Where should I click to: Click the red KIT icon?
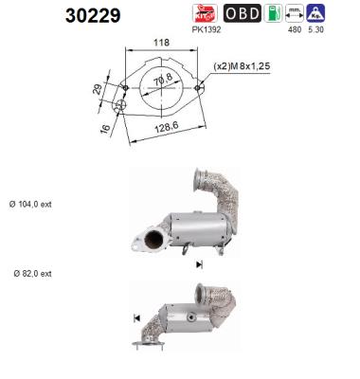tap(204, 13)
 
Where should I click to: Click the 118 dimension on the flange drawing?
tap(160, 43)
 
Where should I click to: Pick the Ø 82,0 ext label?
tap(33, 273)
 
